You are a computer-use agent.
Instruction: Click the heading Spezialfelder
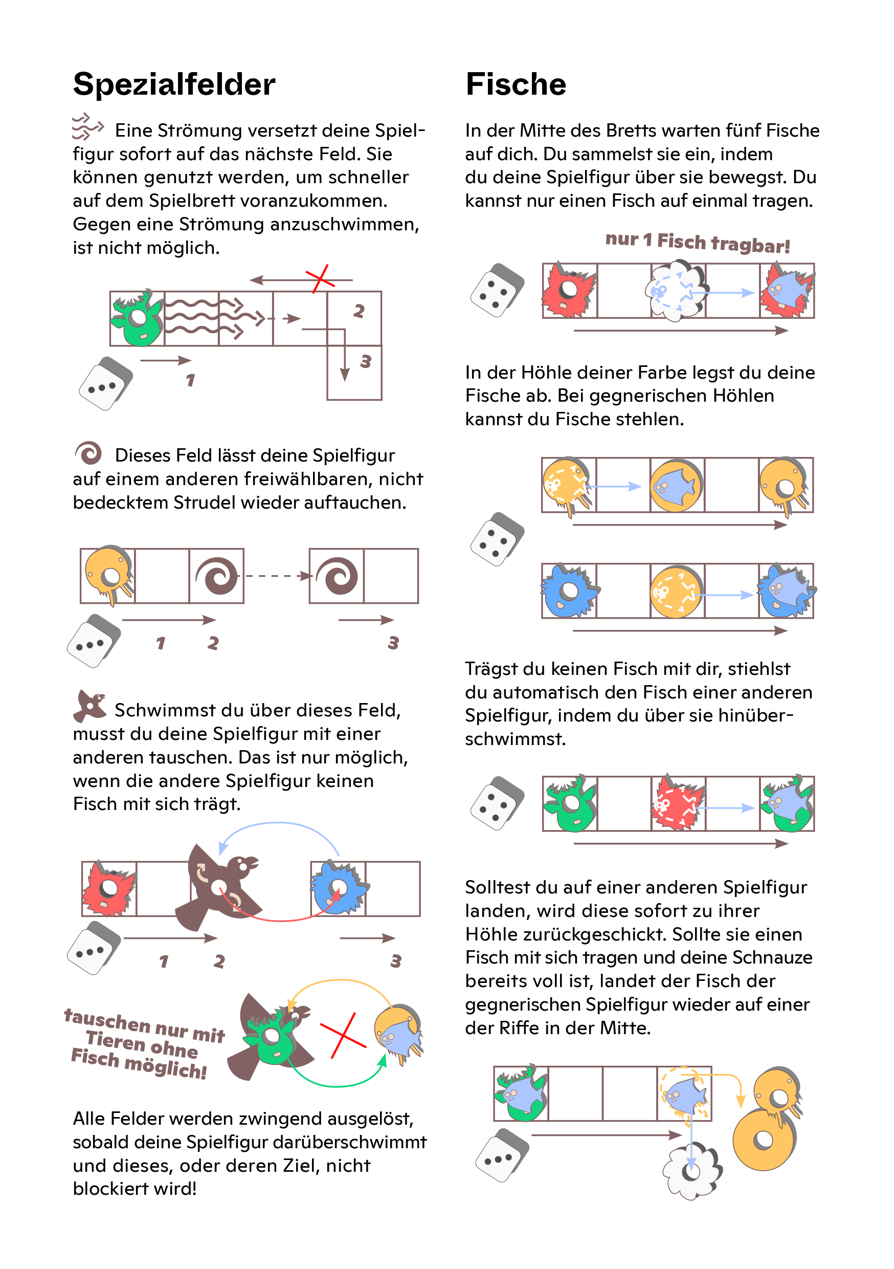(x=174, y=84)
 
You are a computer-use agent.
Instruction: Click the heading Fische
(x=516, y=84)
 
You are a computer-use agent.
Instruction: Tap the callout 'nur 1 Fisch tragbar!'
(x=697, y=242)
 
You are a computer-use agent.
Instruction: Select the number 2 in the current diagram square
(x=359, y=311)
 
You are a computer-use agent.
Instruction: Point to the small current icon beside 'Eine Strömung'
(x=87, y=126)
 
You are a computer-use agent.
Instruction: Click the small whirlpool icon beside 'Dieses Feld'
(x=88, y=453)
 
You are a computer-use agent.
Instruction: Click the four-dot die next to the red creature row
(x=496, y=290)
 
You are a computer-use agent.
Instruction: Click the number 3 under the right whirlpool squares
(x=393, y=643)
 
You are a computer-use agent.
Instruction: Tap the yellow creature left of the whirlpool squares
(x=108, y=575)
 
